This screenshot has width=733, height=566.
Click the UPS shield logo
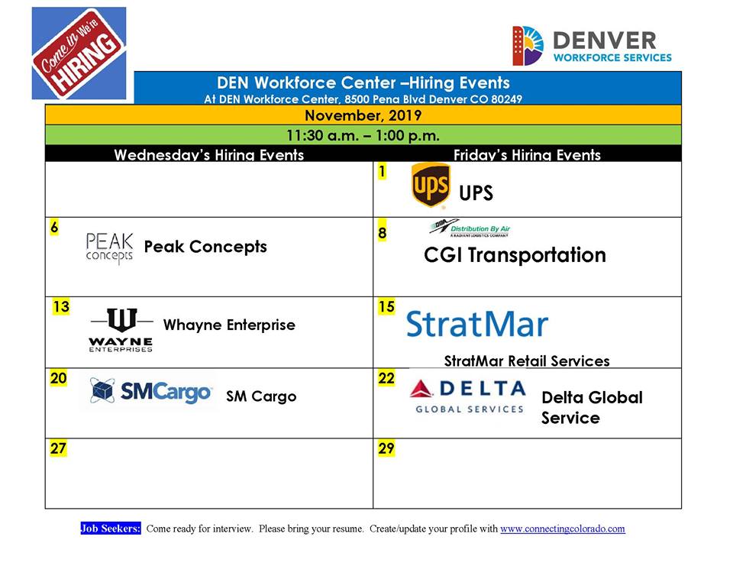(x=431, y=185)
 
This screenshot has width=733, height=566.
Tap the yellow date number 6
(x=55, y=228)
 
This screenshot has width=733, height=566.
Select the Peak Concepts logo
(x=109, y=248)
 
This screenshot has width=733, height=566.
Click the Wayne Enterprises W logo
(x=121, y=330)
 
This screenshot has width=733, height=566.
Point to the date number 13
(x=61, y=307)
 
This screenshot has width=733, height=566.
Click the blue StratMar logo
(x=476, y=324)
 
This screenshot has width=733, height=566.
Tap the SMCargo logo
(x=150, y=392)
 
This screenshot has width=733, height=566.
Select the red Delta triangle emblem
(x=421, y=389)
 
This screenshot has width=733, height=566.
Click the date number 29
(x=386, y=448)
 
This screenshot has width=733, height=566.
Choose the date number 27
(x=59, y=448)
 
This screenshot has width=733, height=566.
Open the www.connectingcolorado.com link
(x=563, y=529)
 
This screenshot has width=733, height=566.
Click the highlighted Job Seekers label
(x=110, y=529)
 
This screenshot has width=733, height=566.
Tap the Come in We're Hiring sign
(x=79, y=53)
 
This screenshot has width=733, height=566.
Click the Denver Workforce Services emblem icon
(x=528, y=45)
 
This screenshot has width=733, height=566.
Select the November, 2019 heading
(x=363, y=115)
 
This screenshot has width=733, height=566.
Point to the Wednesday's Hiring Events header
(x=209, y=155)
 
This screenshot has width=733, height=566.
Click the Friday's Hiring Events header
(x=527, y=155)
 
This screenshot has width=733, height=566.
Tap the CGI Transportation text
(x=515, y=255)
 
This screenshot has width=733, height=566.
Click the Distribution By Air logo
(x=470, y=228)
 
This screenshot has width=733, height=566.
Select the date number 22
(x=386, y=378)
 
